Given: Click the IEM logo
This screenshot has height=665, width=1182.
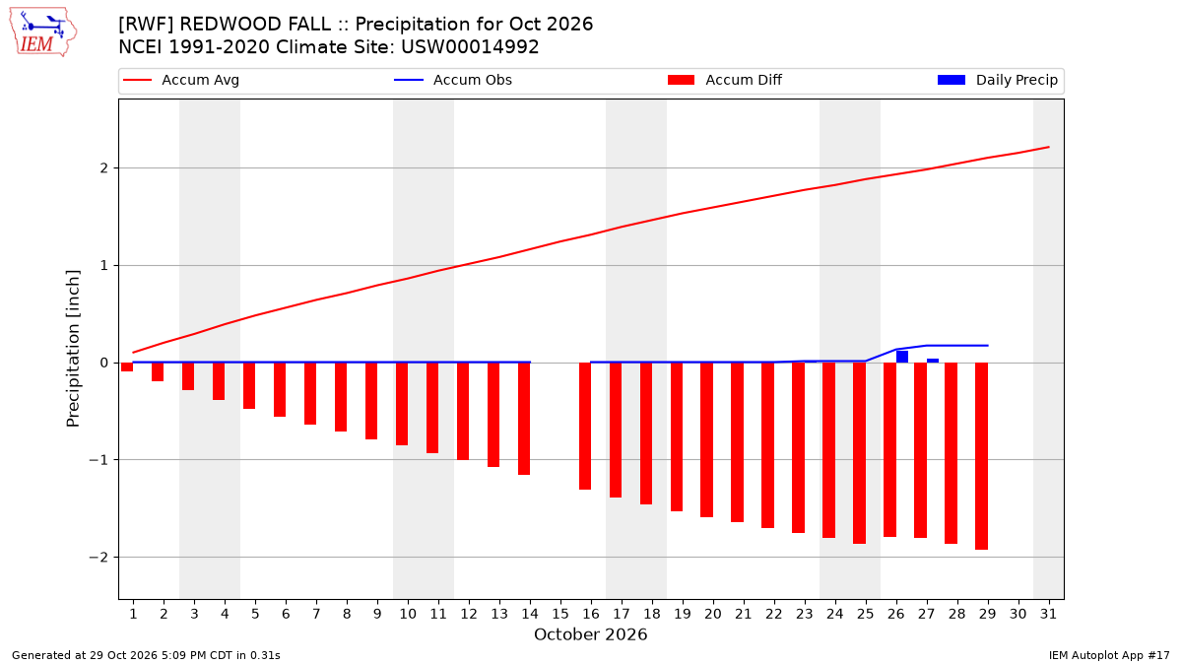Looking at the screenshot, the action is click(42, 32).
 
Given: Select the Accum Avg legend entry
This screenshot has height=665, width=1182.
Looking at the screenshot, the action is click(181, 80).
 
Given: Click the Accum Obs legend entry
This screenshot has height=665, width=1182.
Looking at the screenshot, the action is click(453, 80).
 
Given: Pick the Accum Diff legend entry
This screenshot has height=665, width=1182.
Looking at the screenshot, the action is click(725, 80).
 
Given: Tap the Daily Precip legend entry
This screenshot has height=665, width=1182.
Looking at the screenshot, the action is click(997, 80).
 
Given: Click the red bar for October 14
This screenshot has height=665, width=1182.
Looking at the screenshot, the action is click(524, 419).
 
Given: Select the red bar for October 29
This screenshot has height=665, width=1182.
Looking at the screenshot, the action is click(981, 456).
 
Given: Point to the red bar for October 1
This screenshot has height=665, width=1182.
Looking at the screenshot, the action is click(127, 366).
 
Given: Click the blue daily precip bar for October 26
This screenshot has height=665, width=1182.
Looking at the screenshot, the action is click(902, 357).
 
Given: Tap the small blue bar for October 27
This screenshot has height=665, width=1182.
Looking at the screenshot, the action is click(933, 361).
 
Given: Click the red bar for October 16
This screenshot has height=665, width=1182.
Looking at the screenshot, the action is click(585, 426).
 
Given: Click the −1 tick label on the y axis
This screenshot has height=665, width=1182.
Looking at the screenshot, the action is click(98, 460).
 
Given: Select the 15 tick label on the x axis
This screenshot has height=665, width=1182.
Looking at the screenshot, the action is click(560, 614).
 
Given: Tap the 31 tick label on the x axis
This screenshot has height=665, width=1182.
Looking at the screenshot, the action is click(1048, 614).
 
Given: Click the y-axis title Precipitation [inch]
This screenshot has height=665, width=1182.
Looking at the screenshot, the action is click(73, 349).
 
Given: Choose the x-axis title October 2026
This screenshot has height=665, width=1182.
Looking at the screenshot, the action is click(590, 634).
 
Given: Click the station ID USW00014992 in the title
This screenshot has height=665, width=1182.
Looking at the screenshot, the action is click(470, 47).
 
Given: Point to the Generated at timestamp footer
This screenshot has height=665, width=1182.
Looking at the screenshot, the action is click(146, 655).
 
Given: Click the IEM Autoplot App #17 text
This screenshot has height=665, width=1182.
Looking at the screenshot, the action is click(1109, 655).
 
